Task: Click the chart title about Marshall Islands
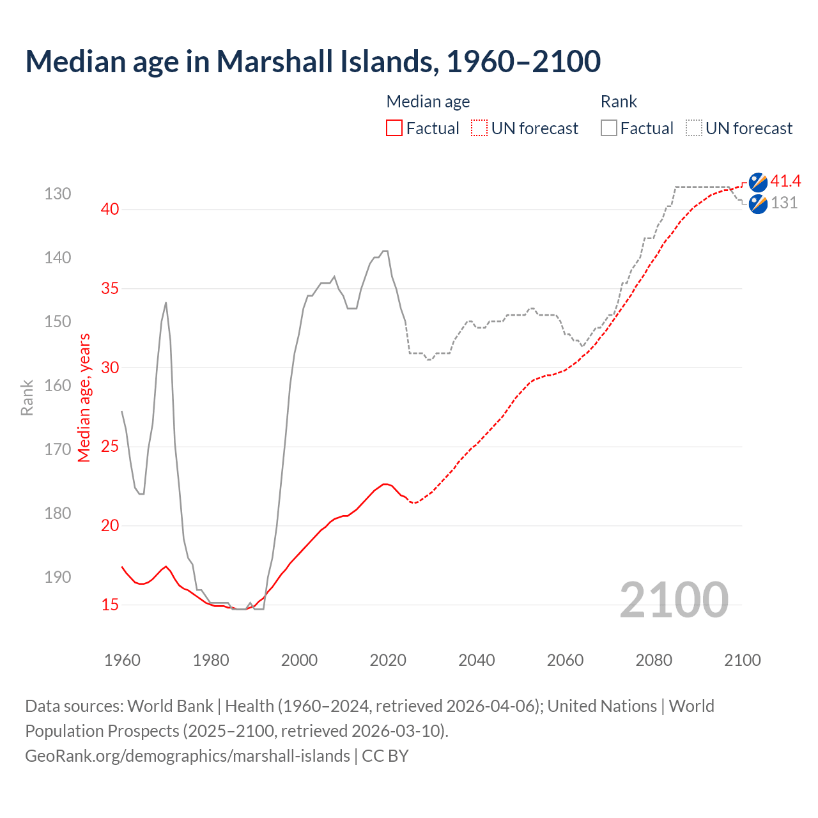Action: (313, 61)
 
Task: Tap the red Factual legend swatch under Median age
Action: (394, 128)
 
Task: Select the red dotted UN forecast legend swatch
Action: (479, 128)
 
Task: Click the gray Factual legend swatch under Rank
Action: (609, 128)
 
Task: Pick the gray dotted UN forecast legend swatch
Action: (694, 128)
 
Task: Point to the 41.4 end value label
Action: (785, 181)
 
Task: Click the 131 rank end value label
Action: (784, 203)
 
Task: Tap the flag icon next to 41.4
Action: (758, 182)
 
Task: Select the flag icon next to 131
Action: (758, 204)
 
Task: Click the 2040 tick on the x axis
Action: (476, 660)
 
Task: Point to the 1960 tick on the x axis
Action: (122, 660)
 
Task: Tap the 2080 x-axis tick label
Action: (654, 660)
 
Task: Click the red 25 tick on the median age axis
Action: (110, 446)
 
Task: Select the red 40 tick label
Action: (110, 209)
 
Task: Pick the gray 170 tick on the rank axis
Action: (58, 449)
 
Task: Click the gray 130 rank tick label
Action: (58, 194)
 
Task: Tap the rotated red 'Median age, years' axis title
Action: (84, 397)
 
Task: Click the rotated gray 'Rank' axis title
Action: (27, 397)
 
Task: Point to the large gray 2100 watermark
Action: (674, 599)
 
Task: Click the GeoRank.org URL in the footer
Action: (187, 755)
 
